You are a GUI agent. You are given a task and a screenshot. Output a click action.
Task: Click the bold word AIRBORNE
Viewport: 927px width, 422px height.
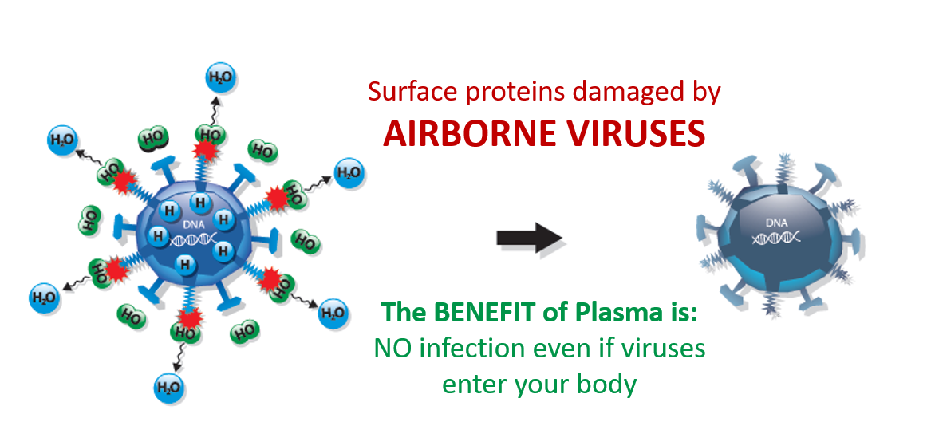(x=467, y=133)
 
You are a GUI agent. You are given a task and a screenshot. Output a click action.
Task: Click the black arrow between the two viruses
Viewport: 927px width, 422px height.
(x=530, y=238)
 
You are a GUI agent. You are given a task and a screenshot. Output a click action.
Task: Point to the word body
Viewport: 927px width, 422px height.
(x=610, y=385)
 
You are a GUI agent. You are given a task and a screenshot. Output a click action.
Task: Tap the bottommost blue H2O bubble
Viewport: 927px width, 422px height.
(x=169, y=387)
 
